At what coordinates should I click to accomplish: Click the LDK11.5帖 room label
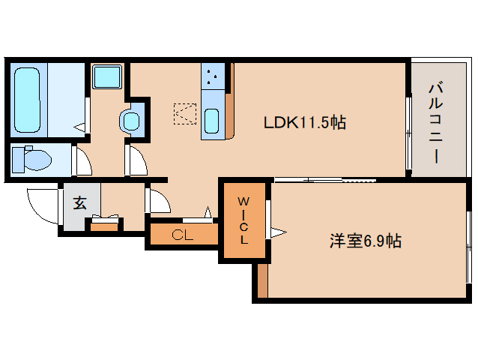pyautogui.click(x=303, y=122)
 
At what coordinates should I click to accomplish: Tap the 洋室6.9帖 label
pyautogui.click(x=365, y=241)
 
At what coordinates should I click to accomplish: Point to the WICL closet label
pyautogui.click(x=244, y=220)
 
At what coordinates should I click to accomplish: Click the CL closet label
pyautogui.click(x=182, y=235)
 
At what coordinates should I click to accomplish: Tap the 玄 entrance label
pyautogui.click(x=79, y=202)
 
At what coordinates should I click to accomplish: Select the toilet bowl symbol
pyautogui.click(x=36, y=159)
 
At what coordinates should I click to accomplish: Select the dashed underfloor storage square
pyautogui.click(x=185, y=113)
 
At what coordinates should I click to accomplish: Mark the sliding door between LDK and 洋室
pyautogui.click(x=322, y=180)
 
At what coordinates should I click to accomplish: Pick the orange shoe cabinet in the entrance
pyautogui.click(x=105, y=223)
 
